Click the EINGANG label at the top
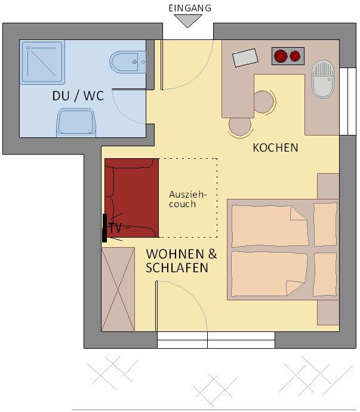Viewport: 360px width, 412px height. point(190,8)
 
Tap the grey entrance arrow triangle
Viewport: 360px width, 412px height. point(188,20)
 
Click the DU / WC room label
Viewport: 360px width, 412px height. point(78,96)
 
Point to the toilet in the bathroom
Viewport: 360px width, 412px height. point(127,62)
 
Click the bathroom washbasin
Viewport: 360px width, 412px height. point(76,122)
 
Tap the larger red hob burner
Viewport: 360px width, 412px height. point(281,56)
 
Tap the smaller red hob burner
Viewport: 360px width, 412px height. point(295,56)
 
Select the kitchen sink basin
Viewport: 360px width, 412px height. point(322,79)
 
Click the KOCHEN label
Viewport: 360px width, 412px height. point(275,147)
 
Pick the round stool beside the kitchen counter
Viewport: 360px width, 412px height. point(263,102)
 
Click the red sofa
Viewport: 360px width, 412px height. point(131,198)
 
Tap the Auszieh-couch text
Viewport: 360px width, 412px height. point(187,199)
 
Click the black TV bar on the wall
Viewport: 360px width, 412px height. point(104,228)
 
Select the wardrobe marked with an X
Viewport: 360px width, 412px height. point(118,289)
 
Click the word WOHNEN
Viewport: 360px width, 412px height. point(175,254)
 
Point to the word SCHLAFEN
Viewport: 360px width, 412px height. point(177,268)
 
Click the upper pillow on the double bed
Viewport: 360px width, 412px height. point(325,225)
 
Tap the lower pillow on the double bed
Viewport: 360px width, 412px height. point(325,275)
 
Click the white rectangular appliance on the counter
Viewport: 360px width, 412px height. point(245,57)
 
